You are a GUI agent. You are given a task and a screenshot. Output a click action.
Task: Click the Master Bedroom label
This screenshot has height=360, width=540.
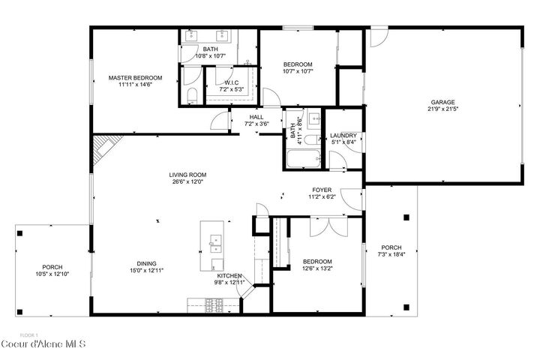(135, 78)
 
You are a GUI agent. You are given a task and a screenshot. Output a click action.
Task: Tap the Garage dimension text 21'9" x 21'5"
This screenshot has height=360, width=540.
(442, 109)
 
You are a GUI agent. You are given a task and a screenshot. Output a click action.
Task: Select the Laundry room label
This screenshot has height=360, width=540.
(343, 136)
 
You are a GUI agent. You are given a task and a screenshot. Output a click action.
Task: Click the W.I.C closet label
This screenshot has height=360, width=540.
(232, 82)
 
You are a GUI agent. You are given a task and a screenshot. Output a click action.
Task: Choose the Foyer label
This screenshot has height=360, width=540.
(322, 190)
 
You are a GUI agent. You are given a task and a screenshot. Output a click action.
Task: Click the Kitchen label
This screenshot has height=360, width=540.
(229, 277)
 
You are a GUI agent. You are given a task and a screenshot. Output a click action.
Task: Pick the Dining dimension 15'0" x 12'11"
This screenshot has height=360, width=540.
(147, 270)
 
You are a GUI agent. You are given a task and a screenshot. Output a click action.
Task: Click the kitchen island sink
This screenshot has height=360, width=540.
(215, 241)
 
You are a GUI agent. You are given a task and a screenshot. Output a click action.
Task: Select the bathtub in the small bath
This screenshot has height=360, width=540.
(302, 158)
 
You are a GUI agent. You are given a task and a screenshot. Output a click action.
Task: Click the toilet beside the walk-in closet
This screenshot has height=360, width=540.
(191, 94)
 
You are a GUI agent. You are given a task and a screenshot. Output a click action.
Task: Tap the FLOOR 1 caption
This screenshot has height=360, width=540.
(28, 334)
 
